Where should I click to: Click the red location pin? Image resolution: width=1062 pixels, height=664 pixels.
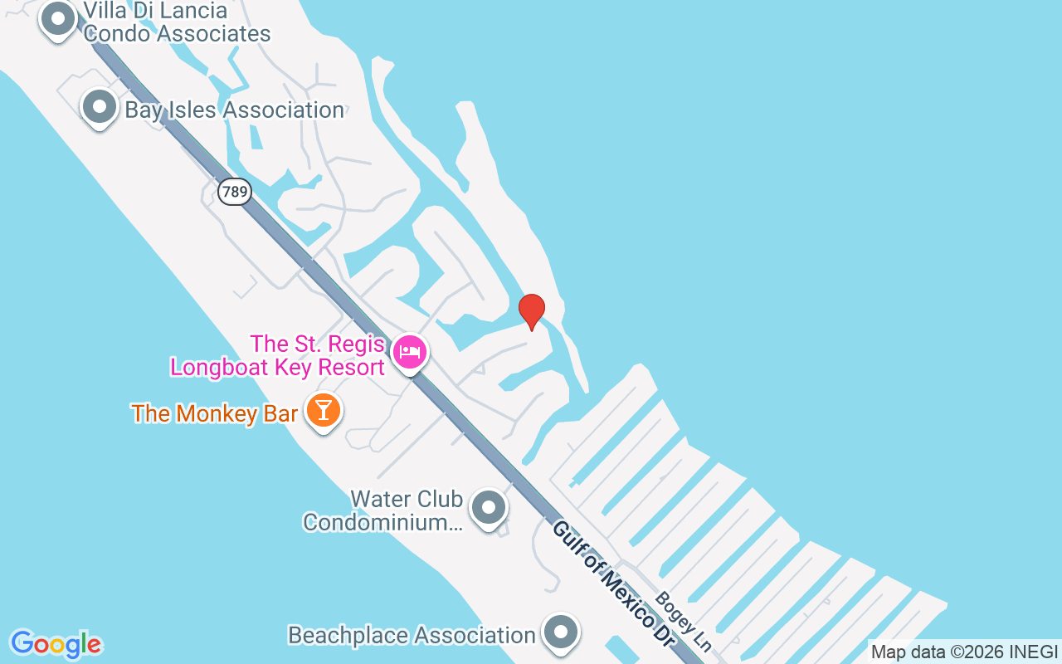(x=532, y=311)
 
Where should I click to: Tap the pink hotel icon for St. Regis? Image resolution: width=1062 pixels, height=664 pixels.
(x=410, y=352)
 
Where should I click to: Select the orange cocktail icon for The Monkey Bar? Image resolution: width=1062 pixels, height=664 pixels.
(x=324, y=409)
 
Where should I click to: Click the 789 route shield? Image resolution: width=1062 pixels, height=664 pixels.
(x=235, y=193)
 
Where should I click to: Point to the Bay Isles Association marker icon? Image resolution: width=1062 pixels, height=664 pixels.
(x=100, y=107)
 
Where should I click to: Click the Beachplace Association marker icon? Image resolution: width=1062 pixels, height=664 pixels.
(x=561, y=632)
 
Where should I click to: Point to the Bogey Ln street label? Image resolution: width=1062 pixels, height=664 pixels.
(x=684, y=621)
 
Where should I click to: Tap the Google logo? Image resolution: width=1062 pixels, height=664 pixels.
(x=56, y=644)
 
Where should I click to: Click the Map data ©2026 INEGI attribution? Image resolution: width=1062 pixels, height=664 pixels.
(x=964, y=652)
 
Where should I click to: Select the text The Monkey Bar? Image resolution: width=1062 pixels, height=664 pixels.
(x=214, y=413)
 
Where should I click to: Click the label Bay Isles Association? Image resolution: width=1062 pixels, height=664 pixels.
(x=234, y=110)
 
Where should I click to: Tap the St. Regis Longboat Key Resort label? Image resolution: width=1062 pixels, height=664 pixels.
(x=277, y=355)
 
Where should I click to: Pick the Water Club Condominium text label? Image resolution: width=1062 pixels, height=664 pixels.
(x=383, y=510)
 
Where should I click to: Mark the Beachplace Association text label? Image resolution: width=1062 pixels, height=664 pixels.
(x=412, y=636)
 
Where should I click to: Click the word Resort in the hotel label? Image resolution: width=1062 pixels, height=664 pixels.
(x=344, y=367)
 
